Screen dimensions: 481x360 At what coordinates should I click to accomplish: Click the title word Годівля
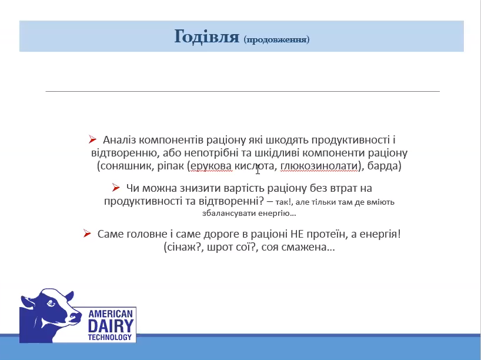tap(207, 36)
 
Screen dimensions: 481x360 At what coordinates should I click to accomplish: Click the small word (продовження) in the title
tap(277, 39)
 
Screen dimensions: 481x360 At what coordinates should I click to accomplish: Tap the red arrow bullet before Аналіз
tap(92, 139)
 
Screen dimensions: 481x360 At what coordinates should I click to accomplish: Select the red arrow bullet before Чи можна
tap(116, 188)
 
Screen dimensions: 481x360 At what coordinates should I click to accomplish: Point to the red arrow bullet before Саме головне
tap(87, 234)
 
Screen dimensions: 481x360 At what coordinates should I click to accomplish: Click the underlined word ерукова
tap(211, 166)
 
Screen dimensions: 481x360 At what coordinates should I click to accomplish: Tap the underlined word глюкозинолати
tap(319, 166)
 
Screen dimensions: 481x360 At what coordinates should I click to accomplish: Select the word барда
tap(383, 166)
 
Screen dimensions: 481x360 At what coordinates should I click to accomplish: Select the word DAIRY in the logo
tap(111, 326)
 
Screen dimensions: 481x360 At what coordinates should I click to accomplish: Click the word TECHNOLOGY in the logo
tap(110, 337)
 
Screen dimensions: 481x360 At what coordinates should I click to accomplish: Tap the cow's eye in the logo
tap(51, 304)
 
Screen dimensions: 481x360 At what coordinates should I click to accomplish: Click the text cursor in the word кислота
tap(258, 169)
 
